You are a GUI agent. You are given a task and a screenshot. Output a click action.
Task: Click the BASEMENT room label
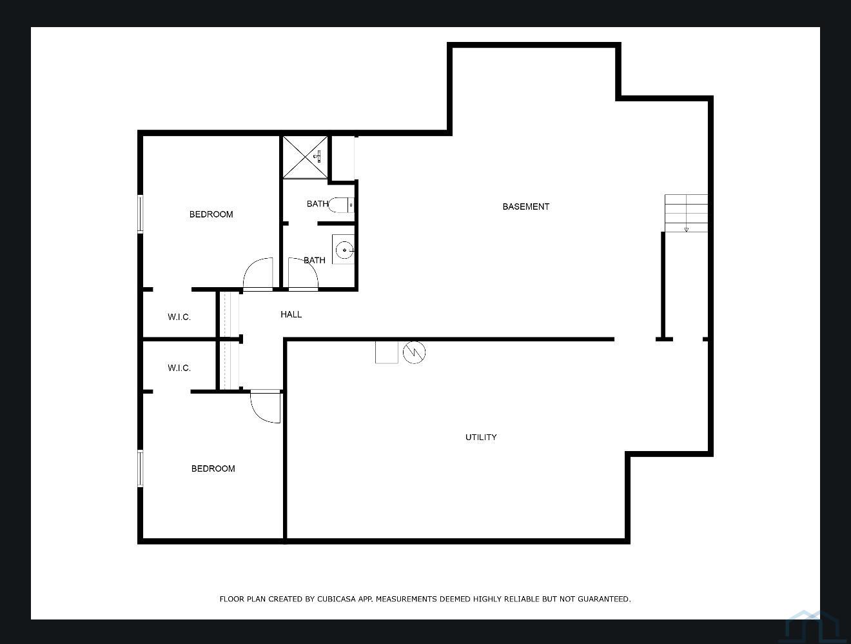tap(525, 206)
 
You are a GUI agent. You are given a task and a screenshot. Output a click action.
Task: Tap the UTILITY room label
tap(481, 437)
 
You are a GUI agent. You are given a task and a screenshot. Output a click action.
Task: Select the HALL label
tap(291, 314)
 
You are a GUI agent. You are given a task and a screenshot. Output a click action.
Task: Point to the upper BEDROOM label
tap(211, 214)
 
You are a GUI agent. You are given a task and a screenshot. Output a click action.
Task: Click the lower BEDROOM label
tap(213, 468)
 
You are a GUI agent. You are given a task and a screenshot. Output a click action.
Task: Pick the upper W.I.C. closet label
tap(179, 317)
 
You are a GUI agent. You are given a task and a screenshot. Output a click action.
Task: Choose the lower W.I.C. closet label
tap(179, 368)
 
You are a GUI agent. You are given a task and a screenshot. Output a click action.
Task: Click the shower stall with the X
tap(305, 157)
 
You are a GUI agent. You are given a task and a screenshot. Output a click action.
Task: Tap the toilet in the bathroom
tap(340, 205)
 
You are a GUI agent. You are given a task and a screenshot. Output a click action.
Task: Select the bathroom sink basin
tap(345, 250)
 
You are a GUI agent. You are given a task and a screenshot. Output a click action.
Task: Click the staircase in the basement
tap(686, 213)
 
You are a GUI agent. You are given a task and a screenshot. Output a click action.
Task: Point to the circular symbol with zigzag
tap(414, 352)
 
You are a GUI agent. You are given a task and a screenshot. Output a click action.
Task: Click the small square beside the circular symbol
tap(387, 352)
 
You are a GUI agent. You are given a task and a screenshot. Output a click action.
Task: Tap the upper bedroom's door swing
tap(259, 274)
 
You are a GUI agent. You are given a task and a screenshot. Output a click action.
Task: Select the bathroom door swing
tap(303, 274)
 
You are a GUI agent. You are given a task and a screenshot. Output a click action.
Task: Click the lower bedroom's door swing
tap(266, 407)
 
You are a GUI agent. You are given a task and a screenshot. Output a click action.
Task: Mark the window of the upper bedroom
tap(140, 214)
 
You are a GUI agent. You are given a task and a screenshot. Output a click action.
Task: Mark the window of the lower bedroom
tap(140, 468)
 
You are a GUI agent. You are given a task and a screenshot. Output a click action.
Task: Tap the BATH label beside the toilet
tap(317, 204)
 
